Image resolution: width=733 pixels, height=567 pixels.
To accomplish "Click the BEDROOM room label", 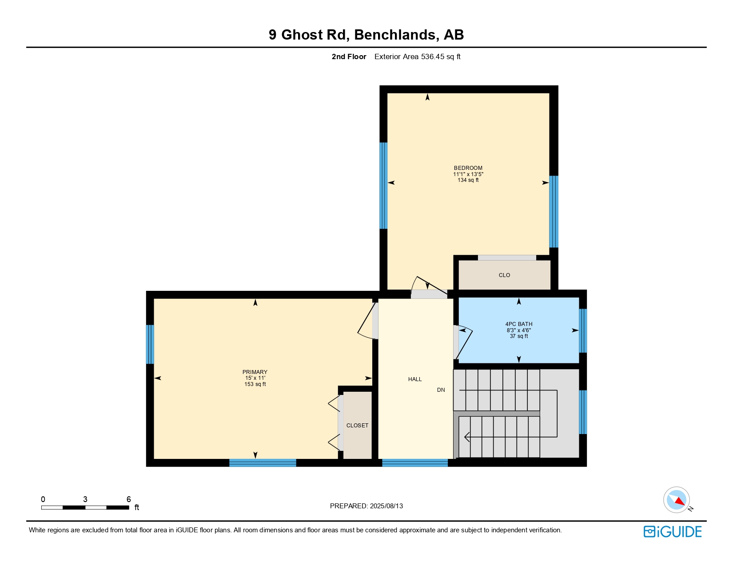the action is coord(468,168).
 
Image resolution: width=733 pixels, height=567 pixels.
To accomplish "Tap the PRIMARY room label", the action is coord(255,372).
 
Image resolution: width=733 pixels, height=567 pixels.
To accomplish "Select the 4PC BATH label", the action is coord(519,324).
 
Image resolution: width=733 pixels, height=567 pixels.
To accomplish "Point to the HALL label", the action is coord(415,379).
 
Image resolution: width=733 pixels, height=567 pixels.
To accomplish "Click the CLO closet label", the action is coord(504,275).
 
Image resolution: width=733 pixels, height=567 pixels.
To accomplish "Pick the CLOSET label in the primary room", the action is coord(357,425).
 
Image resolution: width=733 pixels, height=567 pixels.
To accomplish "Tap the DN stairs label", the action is coord(441,390).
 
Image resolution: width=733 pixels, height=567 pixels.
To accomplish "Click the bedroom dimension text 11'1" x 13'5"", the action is coord(468,174).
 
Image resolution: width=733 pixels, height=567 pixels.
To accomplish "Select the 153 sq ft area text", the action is coord(255,384).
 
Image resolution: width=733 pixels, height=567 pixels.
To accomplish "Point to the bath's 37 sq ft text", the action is coord(519,336).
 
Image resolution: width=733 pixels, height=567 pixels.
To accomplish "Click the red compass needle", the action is coord(680,501).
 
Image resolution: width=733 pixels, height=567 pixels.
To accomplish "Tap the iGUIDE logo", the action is coord(673,531).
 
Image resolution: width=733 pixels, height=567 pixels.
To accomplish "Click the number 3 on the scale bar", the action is coord(85,499).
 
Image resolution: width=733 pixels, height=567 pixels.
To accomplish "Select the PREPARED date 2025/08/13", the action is coord(386,506).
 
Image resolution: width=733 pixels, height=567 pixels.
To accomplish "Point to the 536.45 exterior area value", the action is coord(432,56).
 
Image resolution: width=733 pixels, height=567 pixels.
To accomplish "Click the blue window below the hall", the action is coord(415,462).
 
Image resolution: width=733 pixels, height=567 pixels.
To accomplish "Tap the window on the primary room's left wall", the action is coord(150,344).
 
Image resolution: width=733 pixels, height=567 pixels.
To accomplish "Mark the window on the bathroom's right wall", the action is coord(583,330).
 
